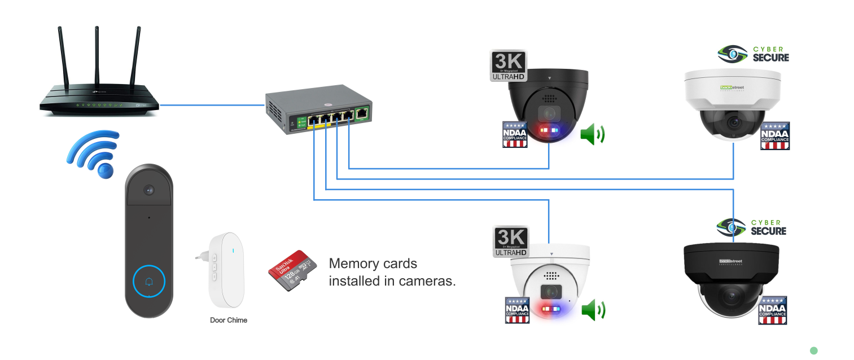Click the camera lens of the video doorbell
(x=149, y=190)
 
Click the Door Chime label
(x=229, y=320)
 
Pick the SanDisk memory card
(x=291, y=270)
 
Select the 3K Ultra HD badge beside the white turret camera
(x=511, y=242)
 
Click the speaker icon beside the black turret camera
(x=592, y=134)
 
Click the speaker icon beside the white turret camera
(x=593, y=310)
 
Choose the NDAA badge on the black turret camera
(x=515, y=134)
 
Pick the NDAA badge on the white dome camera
(x=774, y=136)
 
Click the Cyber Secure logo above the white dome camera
(x=754, y=54)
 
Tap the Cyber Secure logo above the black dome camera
(x=751, y=227)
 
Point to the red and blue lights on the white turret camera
(x=551, y=310)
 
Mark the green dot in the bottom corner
(x=813, y=350)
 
